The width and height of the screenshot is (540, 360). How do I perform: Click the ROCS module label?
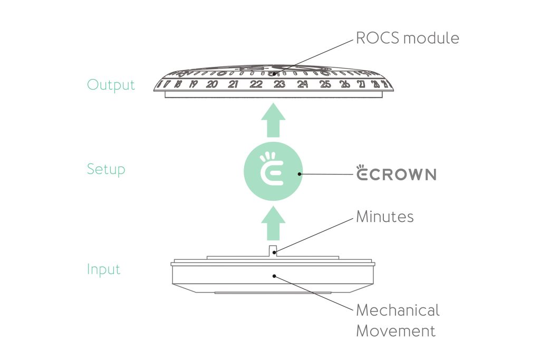coord(408,38)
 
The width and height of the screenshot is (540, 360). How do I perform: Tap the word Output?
coord(111,85)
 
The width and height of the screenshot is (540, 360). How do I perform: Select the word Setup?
coord(106,169)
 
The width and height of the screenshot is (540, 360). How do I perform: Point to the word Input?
coord(104,269)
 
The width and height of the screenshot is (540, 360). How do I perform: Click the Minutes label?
coord(384,217)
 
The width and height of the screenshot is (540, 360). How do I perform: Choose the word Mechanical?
coord(398,310)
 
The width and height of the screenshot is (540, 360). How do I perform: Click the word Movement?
coord(396,330)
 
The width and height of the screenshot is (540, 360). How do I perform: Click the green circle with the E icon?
coord(273,171)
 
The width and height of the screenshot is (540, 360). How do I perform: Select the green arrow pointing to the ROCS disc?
coord(273,120)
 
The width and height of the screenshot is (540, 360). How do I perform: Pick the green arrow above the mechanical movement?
coord(273,223)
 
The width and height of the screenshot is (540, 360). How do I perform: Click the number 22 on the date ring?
coord(256,84)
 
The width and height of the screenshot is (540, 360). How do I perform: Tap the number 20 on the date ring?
coord(212,84)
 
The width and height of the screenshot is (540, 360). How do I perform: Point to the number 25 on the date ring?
coord(325,84)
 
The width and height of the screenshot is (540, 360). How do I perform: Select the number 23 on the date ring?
coord(279,84)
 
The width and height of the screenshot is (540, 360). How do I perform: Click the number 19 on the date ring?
coord(193,84)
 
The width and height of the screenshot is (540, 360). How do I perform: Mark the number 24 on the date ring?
coord(302,84)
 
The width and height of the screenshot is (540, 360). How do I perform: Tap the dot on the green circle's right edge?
coord(300,174)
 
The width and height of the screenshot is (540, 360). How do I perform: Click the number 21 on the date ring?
coord(233,84)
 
